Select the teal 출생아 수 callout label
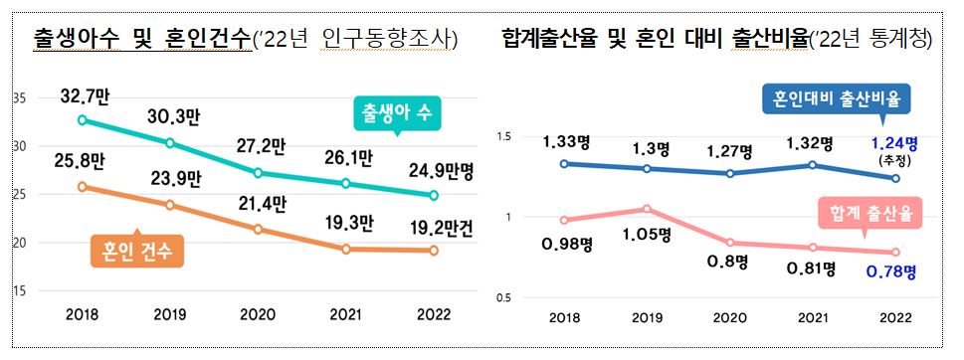[397, 113]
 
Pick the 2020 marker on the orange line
[259, 229]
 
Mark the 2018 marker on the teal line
[82, 119]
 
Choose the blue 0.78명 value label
[891, 270]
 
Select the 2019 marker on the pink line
[648, 209]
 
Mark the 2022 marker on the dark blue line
[896, 179]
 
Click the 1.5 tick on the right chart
[502, 136]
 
